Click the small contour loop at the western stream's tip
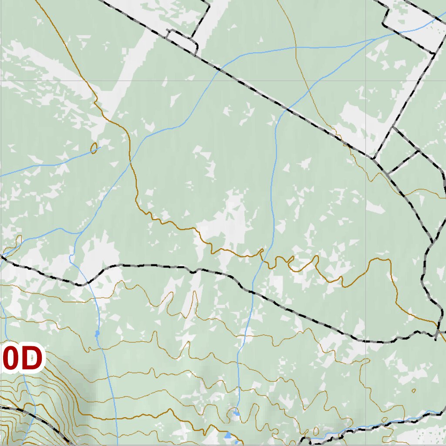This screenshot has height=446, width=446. (x=94, y=148)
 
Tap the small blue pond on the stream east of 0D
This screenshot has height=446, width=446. (x=97, y=334)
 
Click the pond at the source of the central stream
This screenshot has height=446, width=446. (x=236, y=412)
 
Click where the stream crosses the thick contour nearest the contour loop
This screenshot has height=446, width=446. (x=131, y=160)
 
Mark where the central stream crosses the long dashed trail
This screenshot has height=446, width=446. (x=251, y=291)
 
